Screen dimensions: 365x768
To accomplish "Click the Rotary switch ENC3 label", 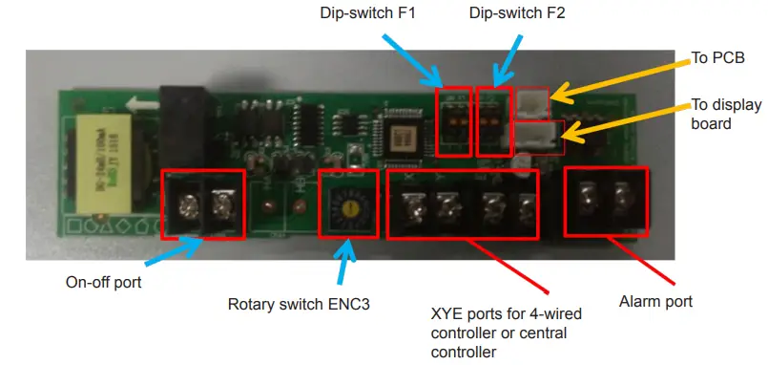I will pyautogui.click(x=299, y=305).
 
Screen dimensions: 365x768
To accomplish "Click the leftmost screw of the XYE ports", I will pyautogui.click(x=411, y=205).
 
